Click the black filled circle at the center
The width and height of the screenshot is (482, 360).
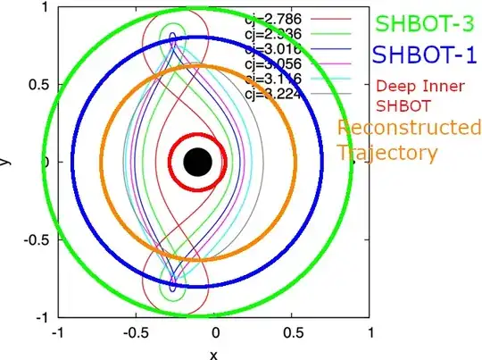tap(197, 162)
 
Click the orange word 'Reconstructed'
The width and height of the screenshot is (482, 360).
tap(408, 128)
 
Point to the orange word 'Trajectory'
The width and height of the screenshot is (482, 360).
tap(387, 152)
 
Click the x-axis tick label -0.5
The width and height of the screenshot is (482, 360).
tap(132, 333)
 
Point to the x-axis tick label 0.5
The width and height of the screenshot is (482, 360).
tap(291, 333)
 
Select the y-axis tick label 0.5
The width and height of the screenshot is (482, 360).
tap(37, 85)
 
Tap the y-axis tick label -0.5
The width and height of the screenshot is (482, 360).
tap(35, 240)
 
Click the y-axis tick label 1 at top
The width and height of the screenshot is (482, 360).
tap(45, 7)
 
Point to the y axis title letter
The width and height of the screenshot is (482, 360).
tap(5, 162)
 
